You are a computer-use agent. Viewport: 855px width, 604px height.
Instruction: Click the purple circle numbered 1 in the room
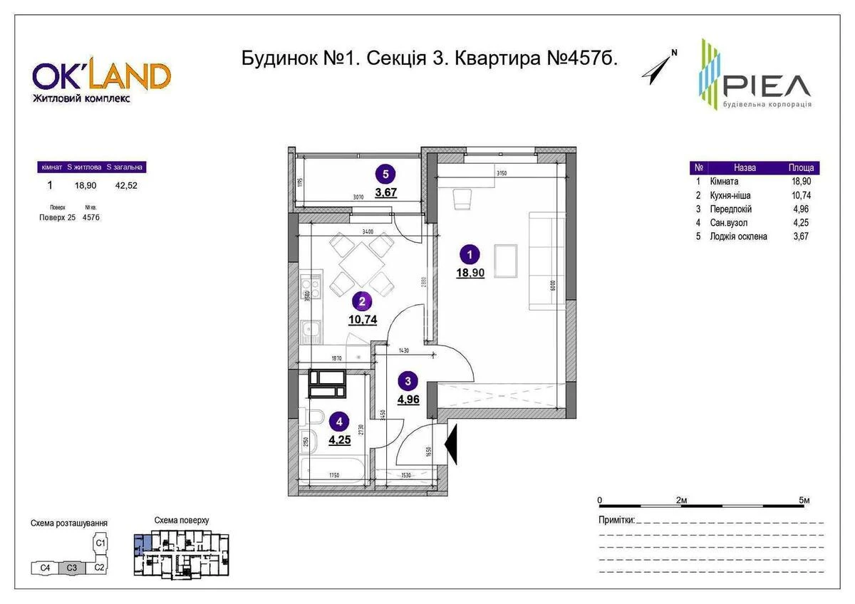[x=470, y=253]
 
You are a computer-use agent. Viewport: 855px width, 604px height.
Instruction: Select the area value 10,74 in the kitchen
[x=363, y=320]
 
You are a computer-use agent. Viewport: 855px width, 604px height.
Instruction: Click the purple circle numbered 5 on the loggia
[x=385, y=173]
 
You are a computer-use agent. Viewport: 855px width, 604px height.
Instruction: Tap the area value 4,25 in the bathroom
[x=341, y=439]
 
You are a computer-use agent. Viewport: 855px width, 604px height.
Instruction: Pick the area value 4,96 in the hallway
[x=408, y=399]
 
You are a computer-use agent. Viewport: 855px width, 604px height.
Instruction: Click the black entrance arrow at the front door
[x=451, y=445]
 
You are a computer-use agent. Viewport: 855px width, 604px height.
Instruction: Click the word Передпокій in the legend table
[x=730, y=209]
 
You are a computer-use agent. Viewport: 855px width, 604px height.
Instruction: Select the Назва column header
[x=745, y=168]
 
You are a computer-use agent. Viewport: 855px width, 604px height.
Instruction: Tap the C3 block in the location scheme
[x=71, y=568]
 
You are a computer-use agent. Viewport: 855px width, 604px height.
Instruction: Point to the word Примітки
[x=616, y=521]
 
